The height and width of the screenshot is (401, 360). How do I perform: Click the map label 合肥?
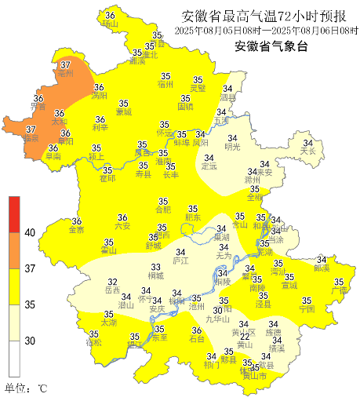click(162, 210)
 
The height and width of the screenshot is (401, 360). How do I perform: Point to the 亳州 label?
click(66, 74)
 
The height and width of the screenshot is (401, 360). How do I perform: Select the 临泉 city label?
click(31, 138)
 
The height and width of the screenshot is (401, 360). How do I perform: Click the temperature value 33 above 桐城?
click(155, 268)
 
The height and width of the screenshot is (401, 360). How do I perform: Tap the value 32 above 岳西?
click(112, 282)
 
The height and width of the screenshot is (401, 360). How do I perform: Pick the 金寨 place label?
click(77, 231)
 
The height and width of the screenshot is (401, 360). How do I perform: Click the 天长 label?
click(307, 151)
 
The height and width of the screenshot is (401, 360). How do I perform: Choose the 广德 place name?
click(339, 291)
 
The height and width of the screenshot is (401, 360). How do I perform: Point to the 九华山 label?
click(217, 319)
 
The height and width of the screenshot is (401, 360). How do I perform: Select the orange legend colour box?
click(14, 250)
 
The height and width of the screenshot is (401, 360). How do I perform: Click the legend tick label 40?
click(30, 233)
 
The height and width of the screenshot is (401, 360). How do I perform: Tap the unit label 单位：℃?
click(27, 388)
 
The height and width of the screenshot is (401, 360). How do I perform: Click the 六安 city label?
click(122, 226)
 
